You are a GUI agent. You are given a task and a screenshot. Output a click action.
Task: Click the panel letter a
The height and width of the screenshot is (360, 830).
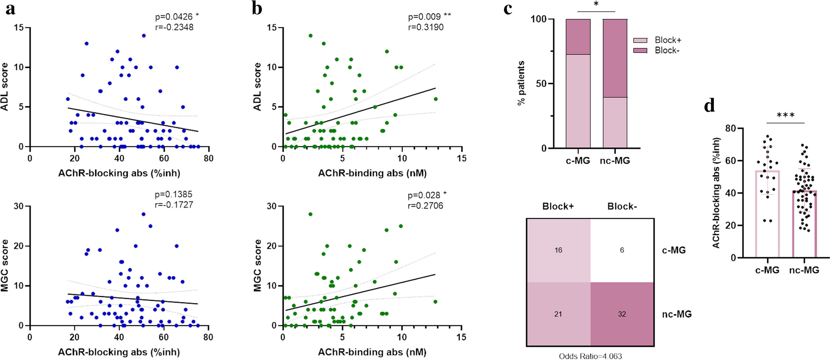coord(10,8)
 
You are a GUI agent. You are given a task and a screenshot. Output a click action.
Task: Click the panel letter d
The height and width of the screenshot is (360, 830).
coord(709,106)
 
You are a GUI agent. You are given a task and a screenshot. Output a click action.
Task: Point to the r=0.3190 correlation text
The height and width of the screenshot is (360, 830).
coord(426,27)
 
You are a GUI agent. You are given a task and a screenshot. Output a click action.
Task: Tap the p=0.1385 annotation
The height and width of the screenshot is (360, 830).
coord(173,194)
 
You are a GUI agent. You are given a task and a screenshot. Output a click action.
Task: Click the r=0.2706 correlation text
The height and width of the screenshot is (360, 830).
coord(425,206)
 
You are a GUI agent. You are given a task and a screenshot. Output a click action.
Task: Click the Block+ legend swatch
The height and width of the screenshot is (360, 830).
coord(640,40)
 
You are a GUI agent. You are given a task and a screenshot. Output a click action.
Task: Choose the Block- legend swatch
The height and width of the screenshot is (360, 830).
coord(640,50)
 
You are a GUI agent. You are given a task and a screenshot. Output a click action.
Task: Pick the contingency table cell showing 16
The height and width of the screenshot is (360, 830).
coord(559,250)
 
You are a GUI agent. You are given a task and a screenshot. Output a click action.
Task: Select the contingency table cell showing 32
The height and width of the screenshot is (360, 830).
coord(622,314)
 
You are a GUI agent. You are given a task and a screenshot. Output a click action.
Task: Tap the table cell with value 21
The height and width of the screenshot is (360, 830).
coord(559,314)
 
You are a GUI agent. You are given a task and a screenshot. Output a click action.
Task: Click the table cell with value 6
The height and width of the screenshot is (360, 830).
coord(622,250)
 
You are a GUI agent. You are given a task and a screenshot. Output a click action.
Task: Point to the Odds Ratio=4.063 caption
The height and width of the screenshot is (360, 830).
coord(590,356)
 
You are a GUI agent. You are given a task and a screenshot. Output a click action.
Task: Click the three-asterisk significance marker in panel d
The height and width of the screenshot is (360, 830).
coord(785,115)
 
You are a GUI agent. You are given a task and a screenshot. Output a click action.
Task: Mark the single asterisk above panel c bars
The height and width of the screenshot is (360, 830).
coord(596,4)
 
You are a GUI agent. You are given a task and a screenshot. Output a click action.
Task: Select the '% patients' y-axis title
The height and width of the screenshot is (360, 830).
coord(521,83)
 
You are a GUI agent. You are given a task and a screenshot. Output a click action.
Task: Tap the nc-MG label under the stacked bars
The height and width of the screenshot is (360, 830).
coord(615,161)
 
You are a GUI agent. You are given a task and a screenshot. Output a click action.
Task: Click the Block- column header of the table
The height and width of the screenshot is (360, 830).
coord(622,207)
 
